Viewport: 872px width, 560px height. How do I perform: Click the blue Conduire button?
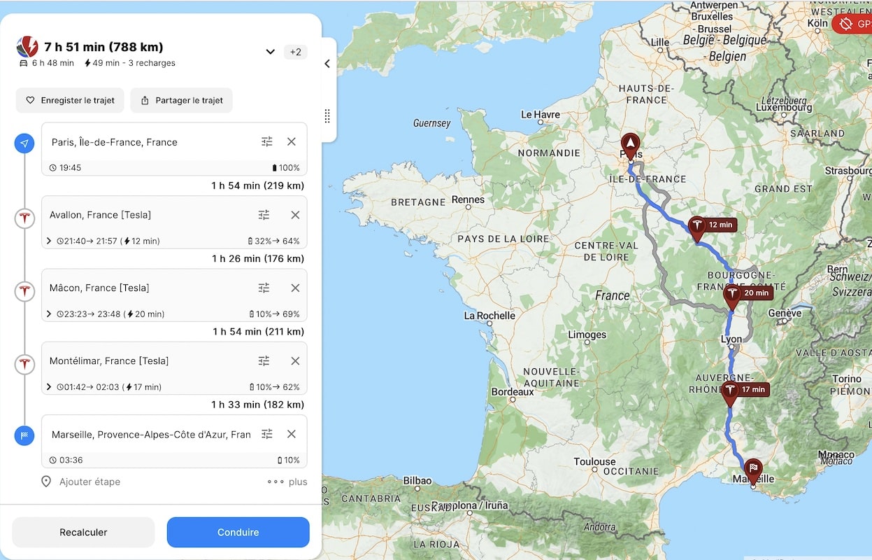click(x=238, y=532)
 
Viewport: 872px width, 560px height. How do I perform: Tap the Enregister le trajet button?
click(x=70, y=100)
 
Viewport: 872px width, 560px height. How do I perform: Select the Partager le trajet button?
click(x=182, y=100)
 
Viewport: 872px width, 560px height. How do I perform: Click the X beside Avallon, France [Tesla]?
click(x=295, y=215)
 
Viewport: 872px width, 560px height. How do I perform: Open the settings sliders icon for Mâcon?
click(x=264, y=288)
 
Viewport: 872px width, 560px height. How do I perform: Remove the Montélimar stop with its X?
click(x=295, y=360)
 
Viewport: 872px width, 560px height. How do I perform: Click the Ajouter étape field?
click(x=90, y=482)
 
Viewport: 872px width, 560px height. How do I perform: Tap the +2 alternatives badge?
click(x=296, y=52)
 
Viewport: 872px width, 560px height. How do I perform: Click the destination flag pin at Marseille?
click(x=753, y=470)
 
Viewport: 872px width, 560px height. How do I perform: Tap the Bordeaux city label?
click(x=512, y=392)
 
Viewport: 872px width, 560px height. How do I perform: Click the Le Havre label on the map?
click(x=541, y=114)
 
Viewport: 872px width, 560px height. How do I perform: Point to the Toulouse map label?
click(x=594, y=462)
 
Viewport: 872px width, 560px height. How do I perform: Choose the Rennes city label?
click(x=468, y=199)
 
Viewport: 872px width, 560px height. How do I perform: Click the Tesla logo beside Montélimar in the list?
click(x=24, y=364)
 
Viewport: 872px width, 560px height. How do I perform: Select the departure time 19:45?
click(x=70, y=168)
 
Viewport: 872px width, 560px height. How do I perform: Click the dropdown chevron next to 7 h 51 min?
click(x=271, y=52)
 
